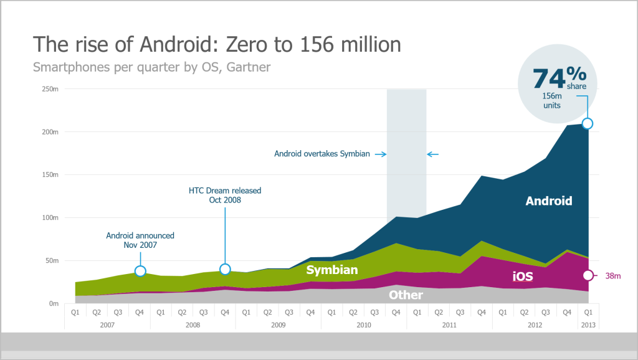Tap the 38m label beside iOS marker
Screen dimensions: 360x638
614,276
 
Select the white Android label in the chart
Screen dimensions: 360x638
548,201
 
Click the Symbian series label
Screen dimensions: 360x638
331,270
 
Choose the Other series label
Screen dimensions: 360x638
406,295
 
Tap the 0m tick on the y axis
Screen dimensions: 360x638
53,304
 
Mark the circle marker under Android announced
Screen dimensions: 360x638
140,271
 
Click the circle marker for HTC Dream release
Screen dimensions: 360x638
225,269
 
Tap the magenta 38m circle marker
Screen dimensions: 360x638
587,276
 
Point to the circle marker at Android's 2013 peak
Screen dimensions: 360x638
587,123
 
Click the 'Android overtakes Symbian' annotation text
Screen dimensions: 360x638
322,154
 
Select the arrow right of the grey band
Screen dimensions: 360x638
433,154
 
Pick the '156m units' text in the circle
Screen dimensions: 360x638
551,100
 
